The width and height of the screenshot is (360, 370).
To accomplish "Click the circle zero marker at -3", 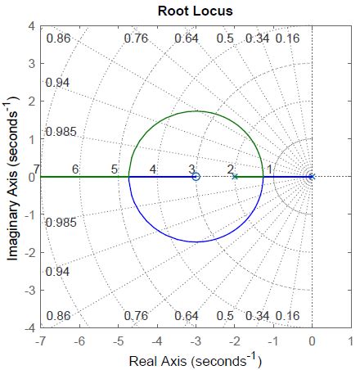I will coord(195,176).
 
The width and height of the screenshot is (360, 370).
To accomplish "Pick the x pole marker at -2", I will coord(234,176).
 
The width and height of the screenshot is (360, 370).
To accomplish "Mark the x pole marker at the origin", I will coord(311,176).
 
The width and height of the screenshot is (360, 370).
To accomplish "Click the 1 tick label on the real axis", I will coord(349,340).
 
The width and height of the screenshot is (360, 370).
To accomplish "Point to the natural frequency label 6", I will coord(75,169).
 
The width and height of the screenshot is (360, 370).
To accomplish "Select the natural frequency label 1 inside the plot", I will coord(270,169).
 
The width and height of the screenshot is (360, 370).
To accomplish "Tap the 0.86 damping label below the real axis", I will coord(58,316).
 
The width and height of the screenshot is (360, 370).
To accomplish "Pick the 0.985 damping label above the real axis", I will coord(60,132).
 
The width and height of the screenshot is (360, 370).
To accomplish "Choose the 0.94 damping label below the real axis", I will coord(58,271).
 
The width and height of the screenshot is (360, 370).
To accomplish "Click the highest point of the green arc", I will coord(195,111).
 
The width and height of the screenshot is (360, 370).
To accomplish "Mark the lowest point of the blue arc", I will coord(195,241).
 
